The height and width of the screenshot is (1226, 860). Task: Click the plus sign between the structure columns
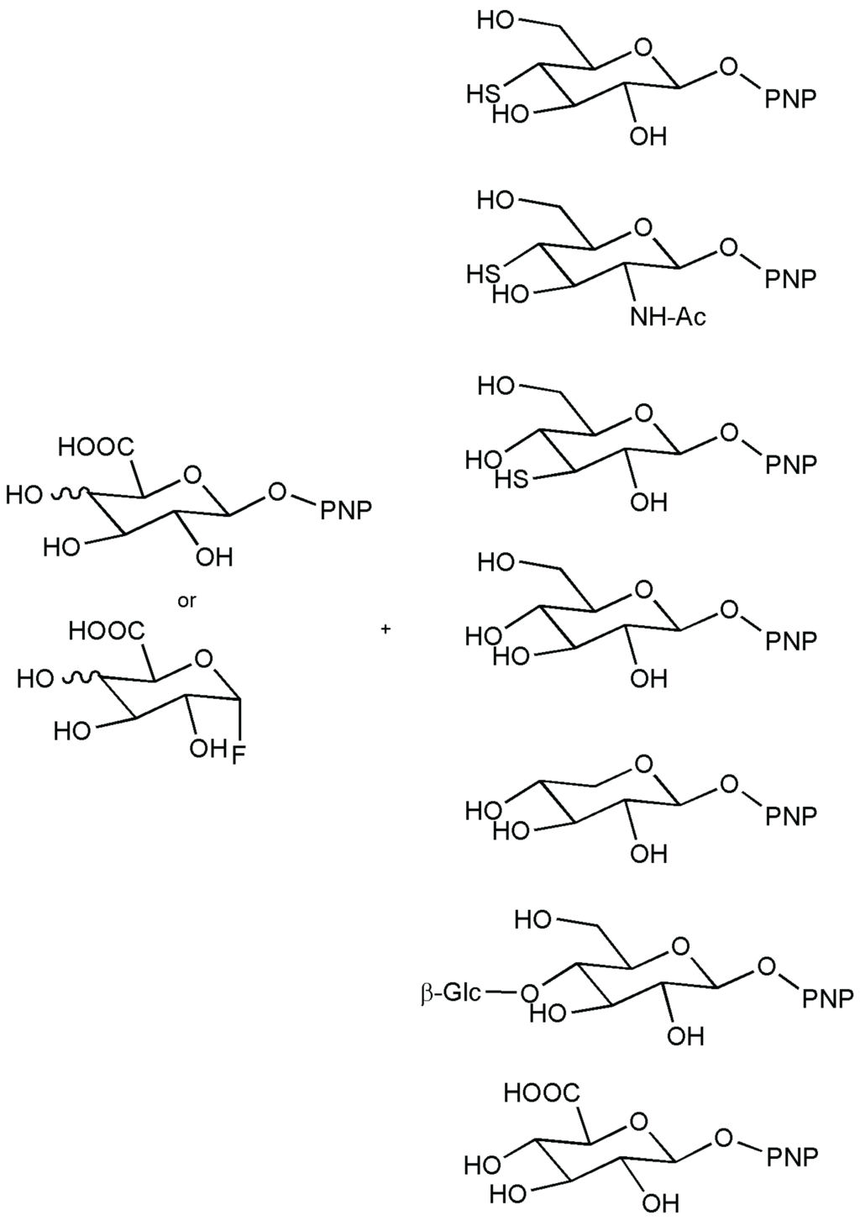385,628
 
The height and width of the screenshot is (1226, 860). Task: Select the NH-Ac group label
669,318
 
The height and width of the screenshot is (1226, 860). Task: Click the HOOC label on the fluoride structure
106,630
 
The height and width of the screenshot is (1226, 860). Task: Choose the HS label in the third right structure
511,481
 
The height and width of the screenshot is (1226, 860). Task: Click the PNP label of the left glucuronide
345,510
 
